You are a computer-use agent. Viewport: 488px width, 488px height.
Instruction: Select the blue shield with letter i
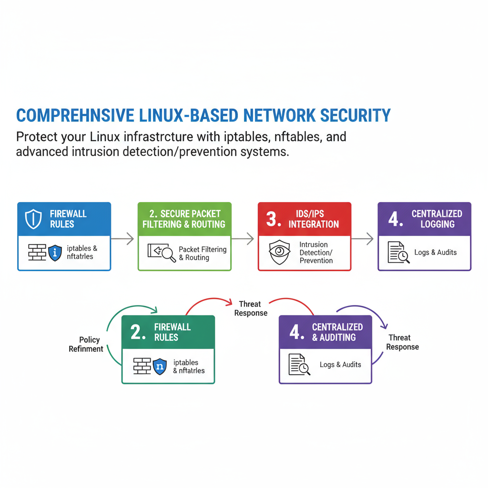click(55, 253)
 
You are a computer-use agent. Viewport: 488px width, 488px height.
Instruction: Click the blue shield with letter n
click(160, 366)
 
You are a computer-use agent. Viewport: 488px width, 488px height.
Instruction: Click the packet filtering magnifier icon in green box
click(162, 253)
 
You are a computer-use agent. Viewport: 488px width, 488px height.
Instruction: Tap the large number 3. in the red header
click(273, 219)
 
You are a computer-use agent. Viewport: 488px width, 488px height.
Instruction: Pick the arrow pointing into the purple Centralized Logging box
click(364, 239)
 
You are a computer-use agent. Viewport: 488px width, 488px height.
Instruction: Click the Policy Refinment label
click(86, 344)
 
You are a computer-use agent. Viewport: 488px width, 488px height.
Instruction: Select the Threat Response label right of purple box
click(402, 342)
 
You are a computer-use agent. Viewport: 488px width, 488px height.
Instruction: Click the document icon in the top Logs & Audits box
click(397, 253)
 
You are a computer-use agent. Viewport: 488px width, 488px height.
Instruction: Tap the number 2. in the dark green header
click(138, 332)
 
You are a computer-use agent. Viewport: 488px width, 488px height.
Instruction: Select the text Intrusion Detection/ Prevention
click(316, 253)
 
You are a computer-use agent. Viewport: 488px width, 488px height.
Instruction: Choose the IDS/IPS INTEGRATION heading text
click(314, 219)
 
